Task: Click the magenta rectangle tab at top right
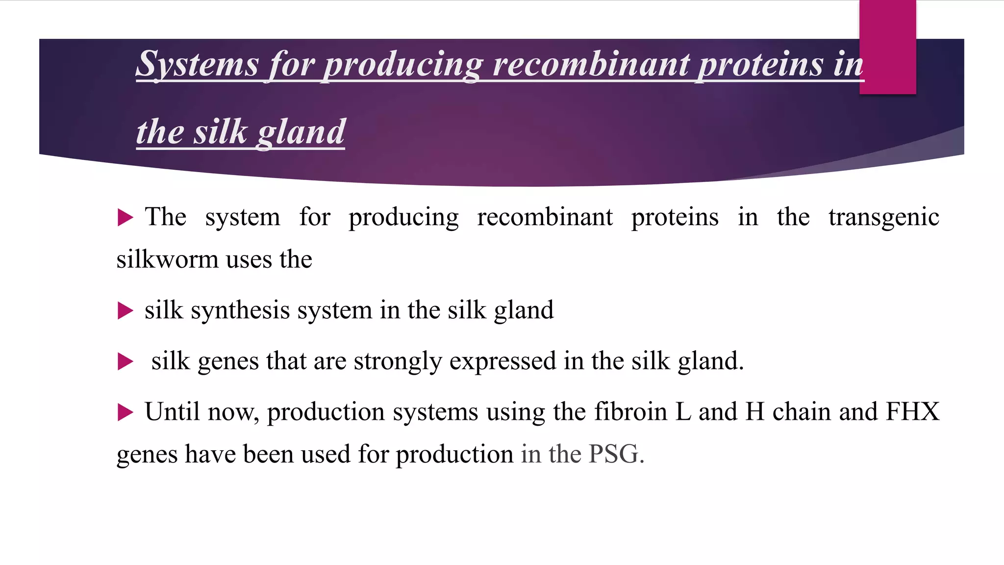tap(887, 47)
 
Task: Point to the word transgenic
tap(883, 217)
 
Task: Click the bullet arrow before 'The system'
tap(125, 217)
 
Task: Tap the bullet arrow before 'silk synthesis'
tap(125, 310)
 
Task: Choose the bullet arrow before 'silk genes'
tap(125, 362)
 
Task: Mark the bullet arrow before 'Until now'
tap(125, 412)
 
